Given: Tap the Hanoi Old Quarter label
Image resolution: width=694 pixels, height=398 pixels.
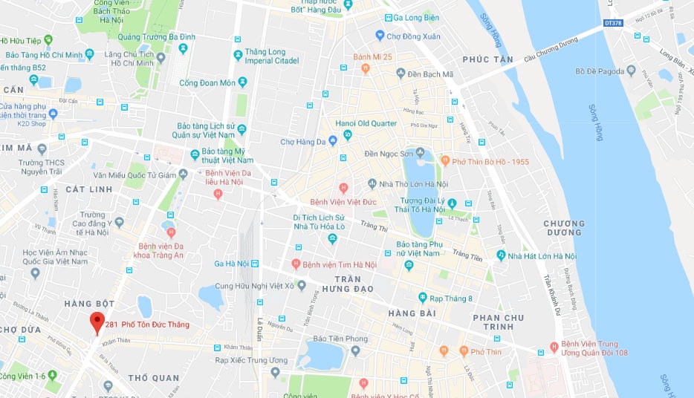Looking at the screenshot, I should point(366,123).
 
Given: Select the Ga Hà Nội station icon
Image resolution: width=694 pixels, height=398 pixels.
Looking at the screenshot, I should point(255,264).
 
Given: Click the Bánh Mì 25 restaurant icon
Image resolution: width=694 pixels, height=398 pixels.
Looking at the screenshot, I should point(365,69).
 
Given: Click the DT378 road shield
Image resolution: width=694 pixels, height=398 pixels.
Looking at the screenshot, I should point(613,23).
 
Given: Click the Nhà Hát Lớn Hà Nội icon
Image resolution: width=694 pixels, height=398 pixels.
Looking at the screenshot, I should point(500,256).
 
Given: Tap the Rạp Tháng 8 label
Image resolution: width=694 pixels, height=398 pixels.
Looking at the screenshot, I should point(451,299).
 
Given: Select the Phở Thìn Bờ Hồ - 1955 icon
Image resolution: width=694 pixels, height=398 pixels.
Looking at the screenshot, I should point(445,160).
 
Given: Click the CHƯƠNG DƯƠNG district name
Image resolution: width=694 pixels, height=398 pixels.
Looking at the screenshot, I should point(564,228).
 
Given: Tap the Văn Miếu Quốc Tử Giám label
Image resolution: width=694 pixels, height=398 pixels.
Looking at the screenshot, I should point(135,175).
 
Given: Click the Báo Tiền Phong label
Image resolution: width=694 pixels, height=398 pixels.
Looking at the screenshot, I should point(341,339).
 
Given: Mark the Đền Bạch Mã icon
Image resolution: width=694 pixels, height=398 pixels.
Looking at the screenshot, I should point(401,74).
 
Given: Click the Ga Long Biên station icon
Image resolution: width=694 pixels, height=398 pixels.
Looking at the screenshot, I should point(388,18).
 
